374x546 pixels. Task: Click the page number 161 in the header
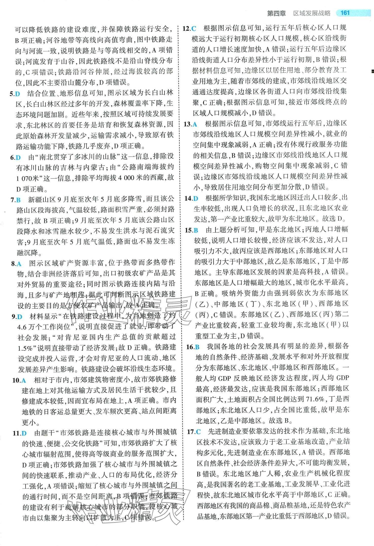pyautogui.click(x=345, y=13)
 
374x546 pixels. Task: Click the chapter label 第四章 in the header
pyautogui.click(x=276, y=13)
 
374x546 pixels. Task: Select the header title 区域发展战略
pyautogui.click(x=312, y=13)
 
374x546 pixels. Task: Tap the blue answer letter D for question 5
pyautogui.click(x=17, y=94)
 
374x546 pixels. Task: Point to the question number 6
pyautogui.click(x=12, y=158)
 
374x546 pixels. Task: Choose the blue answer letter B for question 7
pyautogui.click(x=18, y=200)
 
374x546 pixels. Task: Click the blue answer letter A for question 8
pyautogui.click(x=19, y=264)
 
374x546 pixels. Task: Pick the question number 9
pyautogui.click(x=14, y=317)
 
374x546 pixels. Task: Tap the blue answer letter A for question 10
pyautogui.click(x=24, y=380)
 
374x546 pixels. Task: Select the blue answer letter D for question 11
pyautogui.click(x=24, y=433)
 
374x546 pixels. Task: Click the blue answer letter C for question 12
pyautogui.click(x=194, y=29)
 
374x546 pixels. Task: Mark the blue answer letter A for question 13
pyautogui.click(x=195, y=124)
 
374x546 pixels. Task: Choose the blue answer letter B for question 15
pyautogui.click(x=196, y=230)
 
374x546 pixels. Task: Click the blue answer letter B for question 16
pyautogui.click(x=197, y=347)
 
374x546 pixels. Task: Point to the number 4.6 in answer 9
pyautogui.click(x=23, y=327)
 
